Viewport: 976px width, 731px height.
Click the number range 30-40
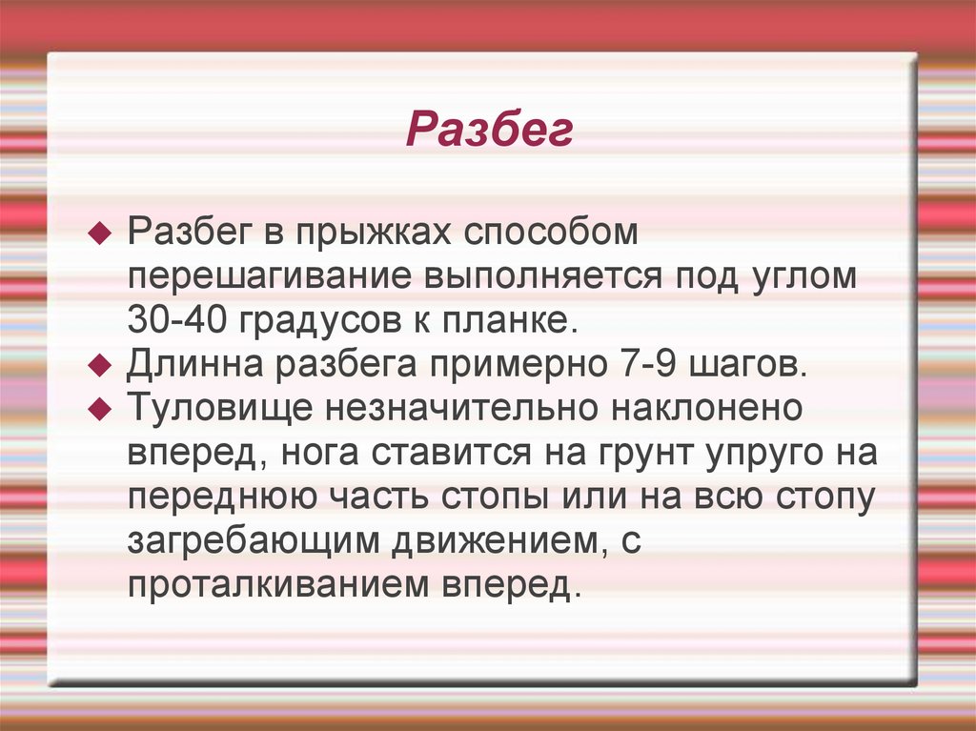click(x=178, y=321)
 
